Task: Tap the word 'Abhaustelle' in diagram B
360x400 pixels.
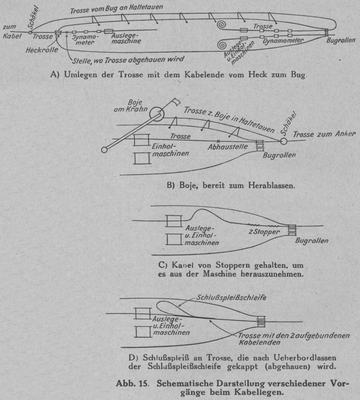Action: (x=227, y=147)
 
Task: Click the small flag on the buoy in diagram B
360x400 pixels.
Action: (x=175, y=103)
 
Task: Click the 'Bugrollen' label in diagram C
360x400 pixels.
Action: (x=311, y=240)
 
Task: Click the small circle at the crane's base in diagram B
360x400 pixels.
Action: (x=104, y=150)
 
